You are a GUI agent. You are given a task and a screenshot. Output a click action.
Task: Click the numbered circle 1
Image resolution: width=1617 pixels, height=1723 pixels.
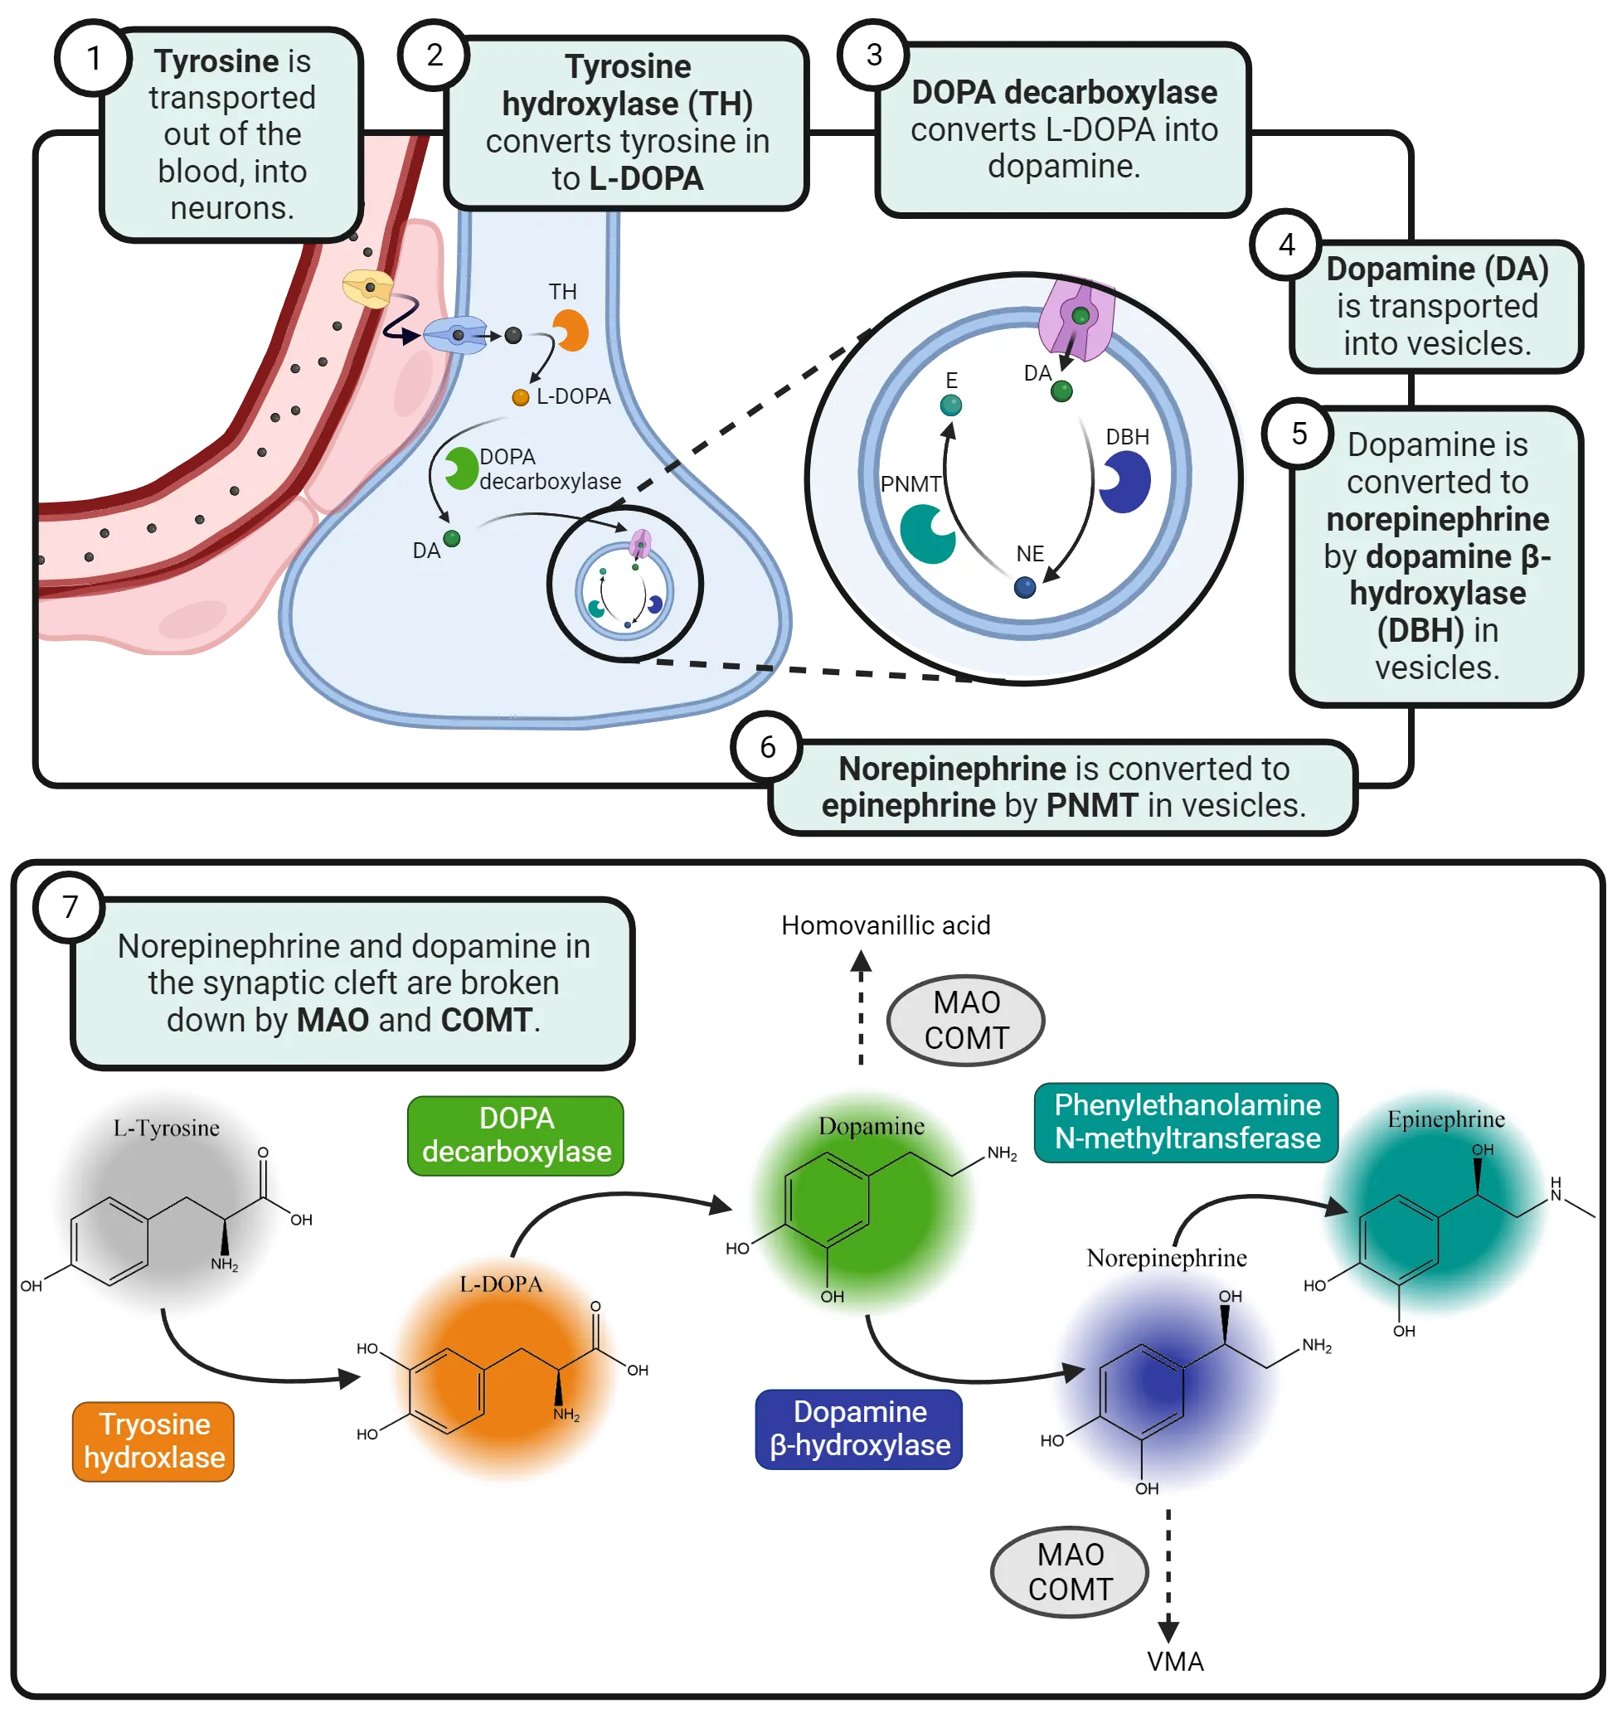tap(95, 59)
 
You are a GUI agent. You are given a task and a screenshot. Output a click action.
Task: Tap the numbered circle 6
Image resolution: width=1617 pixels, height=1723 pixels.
tap(768, 747)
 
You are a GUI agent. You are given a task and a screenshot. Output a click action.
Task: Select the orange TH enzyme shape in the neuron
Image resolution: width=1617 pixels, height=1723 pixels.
tap(572, 331)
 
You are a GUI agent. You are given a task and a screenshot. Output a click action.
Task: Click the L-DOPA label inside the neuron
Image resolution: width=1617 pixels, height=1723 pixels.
tap(573, 396)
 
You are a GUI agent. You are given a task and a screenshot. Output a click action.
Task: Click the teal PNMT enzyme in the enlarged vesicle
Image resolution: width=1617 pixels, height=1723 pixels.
tap(925, 533)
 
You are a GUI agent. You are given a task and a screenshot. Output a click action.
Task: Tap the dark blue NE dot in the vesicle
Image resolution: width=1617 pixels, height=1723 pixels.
tap(1024, 588)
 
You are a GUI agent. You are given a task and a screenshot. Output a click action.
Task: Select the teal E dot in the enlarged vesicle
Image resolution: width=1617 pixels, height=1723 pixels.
tap(950, 405)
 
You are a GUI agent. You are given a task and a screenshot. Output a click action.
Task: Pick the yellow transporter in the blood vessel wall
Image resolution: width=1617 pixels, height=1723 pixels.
tap(368, 289)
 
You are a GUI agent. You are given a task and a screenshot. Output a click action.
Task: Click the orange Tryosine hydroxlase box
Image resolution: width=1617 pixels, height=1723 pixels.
tap(154, 1440)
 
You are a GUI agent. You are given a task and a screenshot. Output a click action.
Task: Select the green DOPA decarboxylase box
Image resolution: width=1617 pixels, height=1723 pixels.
tap(517, 1135)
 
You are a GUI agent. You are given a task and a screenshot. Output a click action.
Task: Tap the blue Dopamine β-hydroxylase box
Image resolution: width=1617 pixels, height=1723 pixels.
tap(860, 1429)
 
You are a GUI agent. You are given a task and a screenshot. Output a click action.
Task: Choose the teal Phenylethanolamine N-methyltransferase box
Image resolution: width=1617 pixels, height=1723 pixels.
tap(1187, 1122)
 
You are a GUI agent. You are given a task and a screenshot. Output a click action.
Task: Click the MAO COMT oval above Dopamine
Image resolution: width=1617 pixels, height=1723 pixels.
tap(966, 1020)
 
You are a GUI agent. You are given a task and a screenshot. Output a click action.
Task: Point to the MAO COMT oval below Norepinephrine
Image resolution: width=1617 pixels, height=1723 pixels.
tap(1071, 1572)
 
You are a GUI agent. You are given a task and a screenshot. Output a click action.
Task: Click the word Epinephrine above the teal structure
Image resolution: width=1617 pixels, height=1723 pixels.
tap(1445, 1119)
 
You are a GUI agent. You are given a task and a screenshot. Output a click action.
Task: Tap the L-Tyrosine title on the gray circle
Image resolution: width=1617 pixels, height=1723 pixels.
tap(167, 1128)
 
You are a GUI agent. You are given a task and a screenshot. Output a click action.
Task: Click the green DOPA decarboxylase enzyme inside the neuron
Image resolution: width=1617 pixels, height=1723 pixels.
tap(460, 468)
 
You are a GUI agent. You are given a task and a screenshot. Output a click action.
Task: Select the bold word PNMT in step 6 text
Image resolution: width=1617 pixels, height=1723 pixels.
tap(1091, 806)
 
